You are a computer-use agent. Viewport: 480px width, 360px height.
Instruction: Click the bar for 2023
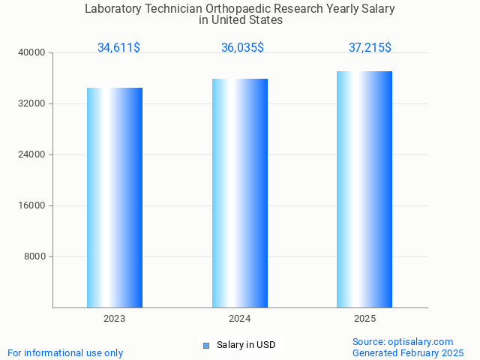pos(115,197)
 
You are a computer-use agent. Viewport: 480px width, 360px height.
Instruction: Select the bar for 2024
pos(240,193)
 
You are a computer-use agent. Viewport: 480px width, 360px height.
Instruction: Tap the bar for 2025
pos(364,189)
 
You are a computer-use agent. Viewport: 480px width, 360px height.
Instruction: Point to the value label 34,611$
pos(118,48)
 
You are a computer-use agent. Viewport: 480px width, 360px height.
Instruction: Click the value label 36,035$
pos(242,48)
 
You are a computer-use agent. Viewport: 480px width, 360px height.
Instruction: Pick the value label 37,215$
pos(370,48)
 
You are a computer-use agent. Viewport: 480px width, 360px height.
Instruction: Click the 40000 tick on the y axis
pos(31,53)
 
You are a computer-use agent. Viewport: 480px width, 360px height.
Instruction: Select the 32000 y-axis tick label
pos(31,104)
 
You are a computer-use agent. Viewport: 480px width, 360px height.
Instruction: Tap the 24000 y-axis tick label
pos(31,155)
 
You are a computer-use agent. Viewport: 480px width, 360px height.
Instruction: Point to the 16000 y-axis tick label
pos(31,206)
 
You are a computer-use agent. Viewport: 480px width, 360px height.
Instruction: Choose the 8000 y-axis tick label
pos(34,257)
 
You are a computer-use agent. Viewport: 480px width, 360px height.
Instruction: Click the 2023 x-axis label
pos(115,319)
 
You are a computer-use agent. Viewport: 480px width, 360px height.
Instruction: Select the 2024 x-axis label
pos(240,319)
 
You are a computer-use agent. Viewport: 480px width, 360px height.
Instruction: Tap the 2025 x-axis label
pos(364,319)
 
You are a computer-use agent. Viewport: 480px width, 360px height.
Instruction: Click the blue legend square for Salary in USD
pos(206,346)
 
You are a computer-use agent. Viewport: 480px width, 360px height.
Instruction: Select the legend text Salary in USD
pos(246,345)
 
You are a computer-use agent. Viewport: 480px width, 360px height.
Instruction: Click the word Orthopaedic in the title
pos(237,9)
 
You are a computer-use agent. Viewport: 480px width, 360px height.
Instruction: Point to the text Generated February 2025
pos(408,352)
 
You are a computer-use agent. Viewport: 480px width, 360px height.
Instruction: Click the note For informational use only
pos(65,352)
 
